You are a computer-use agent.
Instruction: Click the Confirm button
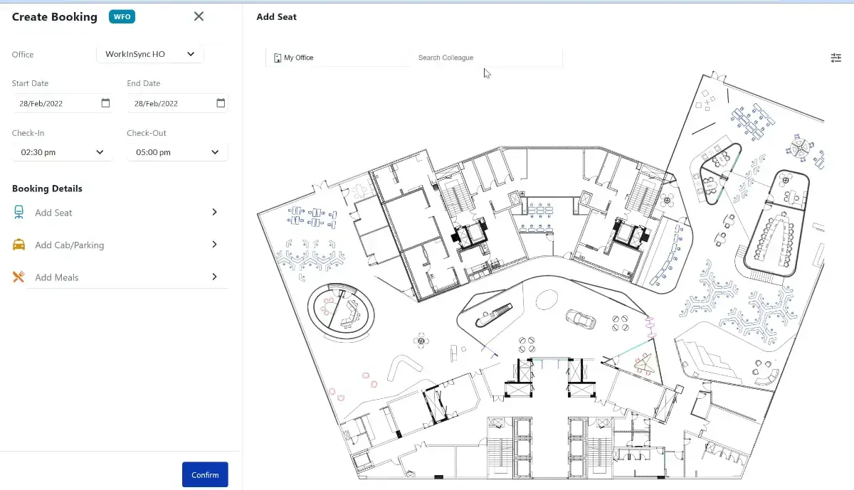click(205, 474)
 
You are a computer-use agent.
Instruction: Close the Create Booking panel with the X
click(199, 16)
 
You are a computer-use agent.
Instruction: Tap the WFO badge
click(122, 17)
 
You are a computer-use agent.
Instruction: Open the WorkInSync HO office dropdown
click(150, 54)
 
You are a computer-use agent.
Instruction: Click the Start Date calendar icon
click(105, 103)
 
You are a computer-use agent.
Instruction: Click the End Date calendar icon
click(221, 103)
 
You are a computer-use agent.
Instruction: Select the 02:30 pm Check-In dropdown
click(62, 152)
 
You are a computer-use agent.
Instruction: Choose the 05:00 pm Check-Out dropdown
click(177, 152)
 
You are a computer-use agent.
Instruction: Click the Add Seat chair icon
click(19, 212)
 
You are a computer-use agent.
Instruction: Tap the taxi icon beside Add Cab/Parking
click(19, 245)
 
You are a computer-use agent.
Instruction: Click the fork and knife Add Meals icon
click(19, 277)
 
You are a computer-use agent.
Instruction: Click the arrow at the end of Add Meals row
click(215, 277)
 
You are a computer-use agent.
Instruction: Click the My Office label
click(298, 58)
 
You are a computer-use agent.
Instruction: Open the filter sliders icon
click(835, 58)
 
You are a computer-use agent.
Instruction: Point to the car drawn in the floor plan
click(581, 319)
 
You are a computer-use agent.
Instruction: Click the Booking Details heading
click(47, 188)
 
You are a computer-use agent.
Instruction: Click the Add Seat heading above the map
click(276, 17)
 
